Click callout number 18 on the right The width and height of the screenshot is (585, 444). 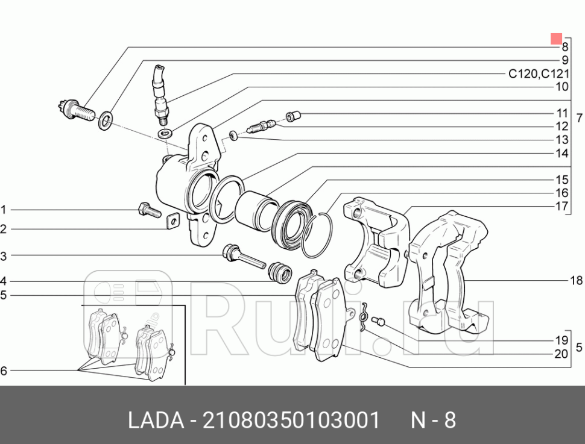(576, 281)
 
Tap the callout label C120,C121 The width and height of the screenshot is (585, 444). (538, 74)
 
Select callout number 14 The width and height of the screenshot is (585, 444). (562, 154)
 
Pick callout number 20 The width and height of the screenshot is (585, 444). (561, 354)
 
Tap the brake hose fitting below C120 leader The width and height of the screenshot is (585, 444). (161, 96)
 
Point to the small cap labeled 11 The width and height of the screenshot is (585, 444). (293, 114)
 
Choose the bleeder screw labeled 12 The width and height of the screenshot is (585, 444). (262, 127)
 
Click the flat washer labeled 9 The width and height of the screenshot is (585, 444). (105, 119)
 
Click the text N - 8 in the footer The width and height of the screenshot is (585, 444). (434, 421)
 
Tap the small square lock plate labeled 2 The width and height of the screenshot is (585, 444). (172, 222)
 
